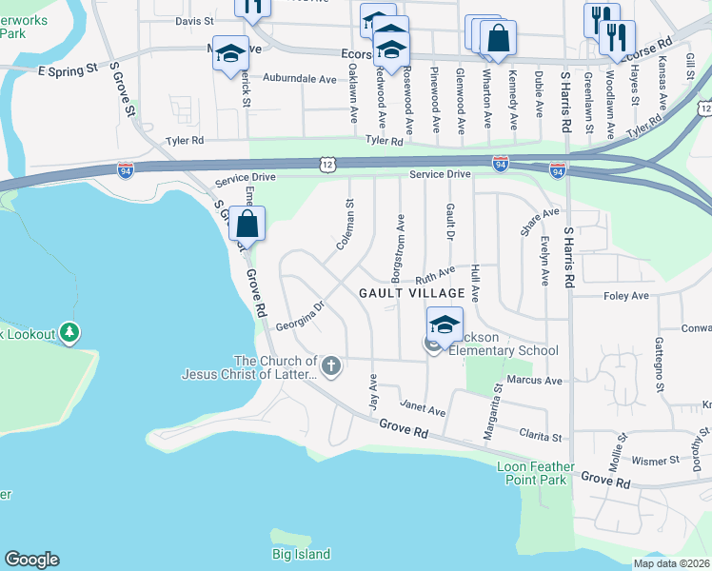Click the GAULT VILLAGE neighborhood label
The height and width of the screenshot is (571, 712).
click(411, 294)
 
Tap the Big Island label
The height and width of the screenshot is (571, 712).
click(301, 554)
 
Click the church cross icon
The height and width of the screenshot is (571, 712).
click(330, 364)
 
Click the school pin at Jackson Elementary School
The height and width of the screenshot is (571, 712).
click(444, 325)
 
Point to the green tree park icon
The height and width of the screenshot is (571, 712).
click(69, 333)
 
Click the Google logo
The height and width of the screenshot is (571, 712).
click(31, 560)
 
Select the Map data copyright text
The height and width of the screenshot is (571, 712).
click(672, 563)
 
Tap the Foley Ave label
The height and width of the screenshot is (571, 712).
click(625, 296)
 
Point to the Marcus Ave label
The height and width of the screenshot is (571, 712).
click(534, 380)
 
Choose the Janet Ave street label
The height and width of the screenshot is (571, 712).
click(423, 410)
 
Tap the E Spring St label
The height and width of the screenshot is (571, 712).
click(68, 69)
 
